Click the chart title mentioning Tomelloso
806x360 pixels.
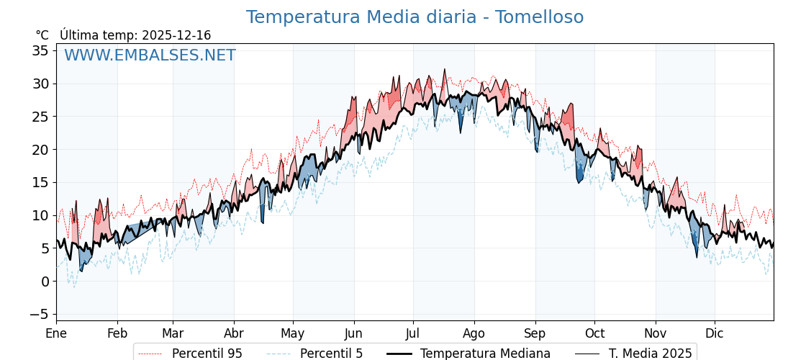[x=415, y=17]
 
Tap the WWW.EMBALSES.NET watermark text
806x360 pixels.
[x=150, y=55]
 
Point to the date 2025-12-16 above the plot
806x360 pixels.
[x=176, y=35]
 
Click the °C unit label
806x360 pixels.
[x=42, y=35]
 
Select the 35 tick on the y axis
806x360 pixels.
[x=40, y=50]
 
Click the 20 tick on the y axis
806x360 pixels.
[x=40, y=150]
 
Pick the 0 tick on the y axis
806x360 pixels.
[x=45, y=282]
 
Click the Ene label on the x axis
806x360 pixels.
[x=56, y=334]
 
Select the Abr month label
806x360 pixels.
[x=234, y=334]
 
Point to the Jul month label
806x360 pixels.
[x=413, y=334]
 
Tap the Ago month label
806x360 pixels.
[x=474, y=334]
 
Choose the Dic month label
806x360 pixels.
[x=715, y=334]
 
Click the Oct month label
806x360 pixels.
[x=595, y=334]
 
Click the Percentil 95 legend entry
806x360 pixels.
[x=207, y=354]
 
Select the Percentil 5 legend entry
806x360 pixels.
[x=331, y=354]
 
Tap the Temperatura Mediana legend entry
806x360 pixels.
[x=485, y=354]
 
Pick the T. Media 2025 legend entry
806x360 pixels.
[x=650, y=354]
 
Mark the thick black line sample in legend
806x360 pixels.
[x=399, y=354]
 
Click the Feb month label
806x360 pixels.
[x=117, y=334]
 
